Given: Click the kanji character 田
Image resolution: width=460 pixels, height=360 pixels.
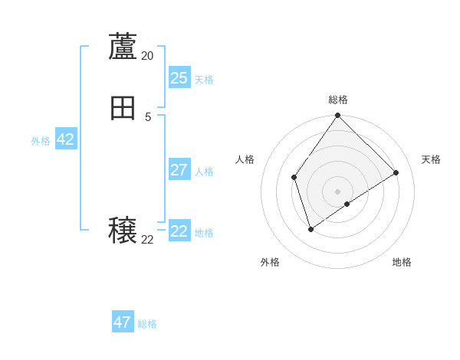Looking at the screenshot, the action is (123, 109).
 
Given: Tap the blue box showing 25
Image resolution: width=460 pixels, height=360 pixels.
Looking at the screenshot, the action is (179, 77).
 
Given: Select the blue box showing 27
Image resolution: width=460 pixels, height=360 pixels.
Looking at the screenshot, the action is (179, 169).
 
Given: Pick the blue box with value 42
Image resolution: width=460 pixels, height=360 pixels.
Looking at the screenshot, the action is (65, 139).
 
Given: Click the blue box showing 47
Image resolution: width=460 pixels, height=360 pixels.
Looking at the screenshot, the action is (123, 322).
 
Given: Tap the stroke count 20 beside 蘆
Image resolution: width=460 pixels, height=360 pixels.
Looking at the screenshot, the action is (147, 56).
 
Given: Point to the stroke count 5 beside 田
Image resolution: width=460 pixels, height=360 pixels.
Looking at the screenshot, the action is (148, 117).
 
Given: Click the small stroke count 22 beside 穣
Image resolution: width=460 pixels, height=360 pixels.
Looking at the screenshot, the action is (147, 240).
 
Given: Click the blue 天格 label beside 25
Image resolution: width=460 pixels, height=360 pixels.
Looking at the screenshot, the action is (204, 80).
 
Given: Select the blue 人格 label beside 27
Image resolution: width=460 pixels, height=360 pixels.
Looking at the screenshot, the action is (204, 172).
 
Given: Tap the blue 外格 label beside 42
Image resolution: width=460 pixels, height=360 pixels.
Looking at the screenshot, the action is (41, 141).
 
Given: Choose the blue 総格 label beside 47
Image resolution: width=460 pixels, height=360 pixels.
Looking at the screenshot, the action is (147, 325).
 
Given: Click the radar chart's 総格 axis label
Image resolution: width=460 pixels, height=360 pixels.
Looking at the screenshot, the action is (338, 100).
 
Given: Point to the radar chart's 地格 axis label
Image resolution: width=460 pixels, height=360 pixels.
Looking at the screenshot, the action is (402, 262).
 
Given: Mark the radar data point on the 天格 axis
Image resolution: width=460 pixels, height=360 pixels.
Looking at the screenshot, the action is (396, 172).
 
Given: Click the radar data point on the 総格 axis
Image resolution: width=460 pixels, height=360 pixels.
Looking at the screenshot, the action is (338, 116).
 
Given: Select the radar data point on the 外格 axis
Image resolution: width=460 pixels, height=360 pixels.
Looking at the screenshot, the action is (310, 229).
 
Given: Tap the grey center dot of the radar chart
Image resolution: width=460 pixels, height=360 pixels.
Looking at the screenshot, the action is (338, 191).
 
